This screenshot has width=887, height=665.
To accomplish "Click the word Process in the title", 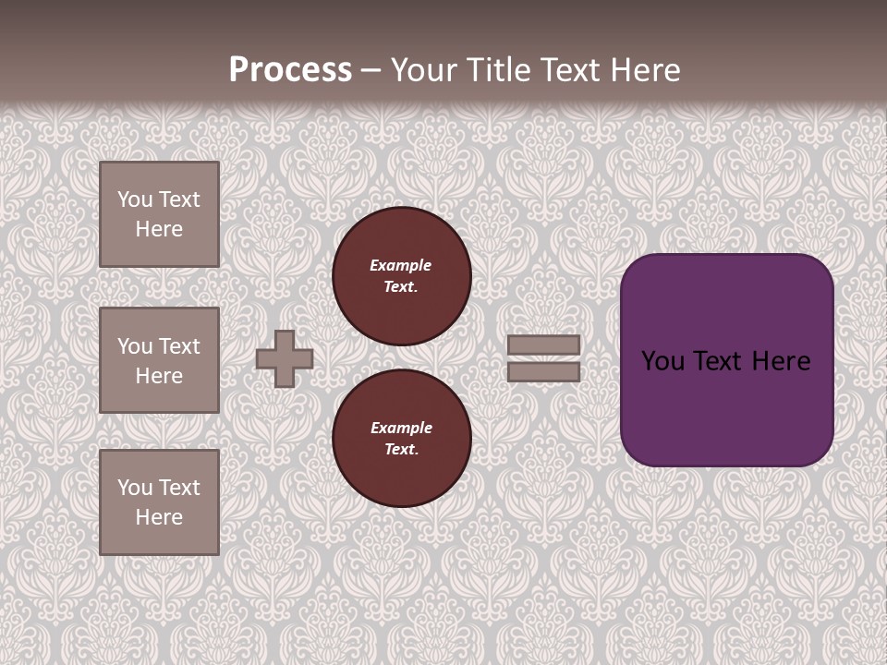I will click(290, 70).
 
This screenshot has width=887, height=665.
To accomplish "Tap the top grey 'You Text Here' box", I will click(159, 214).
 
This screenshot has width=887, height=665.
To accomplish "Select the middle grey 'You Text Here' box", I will click(159, 360).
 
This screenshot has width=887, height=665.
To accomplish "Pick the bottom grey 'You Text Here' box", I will click(159, 502).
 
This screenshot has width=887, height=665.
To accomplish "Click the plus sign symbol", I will click(285, 358).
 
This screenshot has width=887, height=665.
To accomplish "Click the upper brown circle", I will click(402, 276).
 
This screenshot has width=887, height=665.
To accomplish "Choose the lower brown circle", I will click(402, 439).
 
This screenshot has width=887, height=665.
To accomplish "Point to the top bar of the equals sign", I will click(543, 345).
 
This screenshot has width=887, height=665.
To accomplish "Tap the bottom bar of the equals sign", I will click(543, 371).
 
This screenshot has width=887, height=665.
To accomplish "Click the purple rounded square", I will click(727, 406).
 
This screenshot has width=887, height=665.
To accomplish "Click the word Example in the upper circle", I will click(401, 265).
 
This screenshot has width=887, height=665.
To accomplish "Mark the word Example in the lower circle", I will click(401, 428).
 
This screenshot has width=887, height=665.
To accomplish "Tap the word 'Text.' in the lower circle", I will click(401, 450).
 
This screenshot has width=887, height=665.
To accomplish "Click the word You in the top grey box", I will click(135, 199).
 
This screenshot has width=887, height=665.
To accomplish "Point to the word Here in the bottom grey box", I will click(159, 517).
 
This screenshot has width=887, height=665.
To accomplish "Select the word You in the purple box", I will click(662, 361).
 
